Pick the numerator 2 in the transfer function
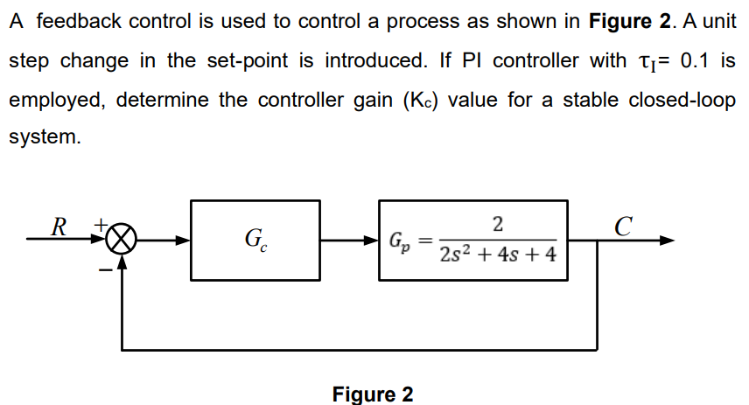pyautogui.click(x=497, y=225)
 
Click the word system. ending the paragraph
pyautogui.click(x=44, y=138)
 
